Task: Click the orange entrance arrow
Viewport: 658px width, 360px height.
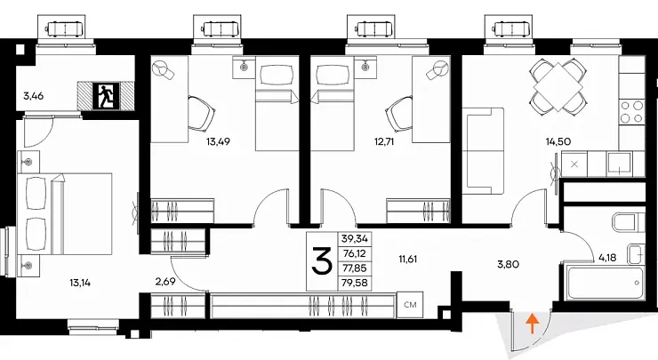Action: pyautogui.click(x=532, y=324)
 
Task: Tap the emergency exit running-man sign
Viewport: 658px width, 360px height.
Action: pyautogui.click(x=106, y=96)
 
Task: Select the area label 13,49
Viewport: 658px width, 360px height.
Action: pyautogui.click(x=218, y=142)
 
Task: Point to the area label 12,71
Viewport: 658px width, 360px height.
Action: pyautogui.click(x=384, y=142)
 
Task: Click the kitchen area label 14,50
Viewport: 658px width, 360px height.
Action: pyautogui.click(x=558, y=142)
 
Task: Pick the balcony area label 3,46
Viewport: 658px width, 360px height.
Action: pyautogui.click(x=34, y=96)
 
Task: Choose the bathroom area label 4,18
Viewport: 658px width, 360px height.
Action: pyautogui.click(x=607, y=257)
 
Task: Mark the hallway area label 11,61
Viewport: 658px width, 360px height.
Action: pyautogui.click(x=407, y=259)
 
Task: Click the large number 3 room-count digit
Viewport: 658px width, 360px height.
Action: pyautogui.click(x=322, y=260)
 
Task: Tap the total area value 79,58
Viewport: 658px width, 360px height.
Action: pyautogui.click(x=355, y=283)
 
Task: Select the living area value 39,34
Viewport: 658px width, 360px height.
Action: pyautogui.click(x=355, y=239)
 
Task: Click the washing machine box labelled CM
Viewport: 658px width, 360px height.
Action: pyautogui.click(x=410, y=305)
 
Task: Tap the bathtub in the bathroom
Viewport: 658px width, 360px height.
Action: pyautogui.click(x=605, y=283)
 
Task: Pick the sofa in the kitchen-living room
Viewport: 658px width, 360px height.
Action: pyautogui.click(x=483, y=151)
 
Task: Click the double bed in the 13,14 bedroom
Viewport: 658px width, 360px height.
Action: pyautogui.click(x=65, y=214)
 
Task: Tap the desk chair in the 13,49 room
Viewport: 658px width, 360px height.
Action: pyautogui.click(x=202, y=113)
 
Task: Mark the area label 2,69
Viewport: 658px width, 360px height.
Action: pyautogui.click(x=164, y=282)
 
